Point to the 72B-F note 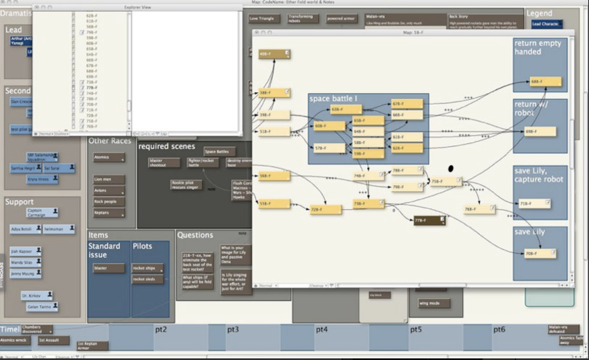tap(325, 210)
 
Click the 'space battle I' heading tap(333, 99)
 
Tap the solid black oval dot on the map tap(451, 168)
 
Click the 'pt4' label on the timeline tap(322, 330)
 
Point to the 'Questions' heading tap(195, 235)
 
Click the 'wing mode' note tap(433, 303)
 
